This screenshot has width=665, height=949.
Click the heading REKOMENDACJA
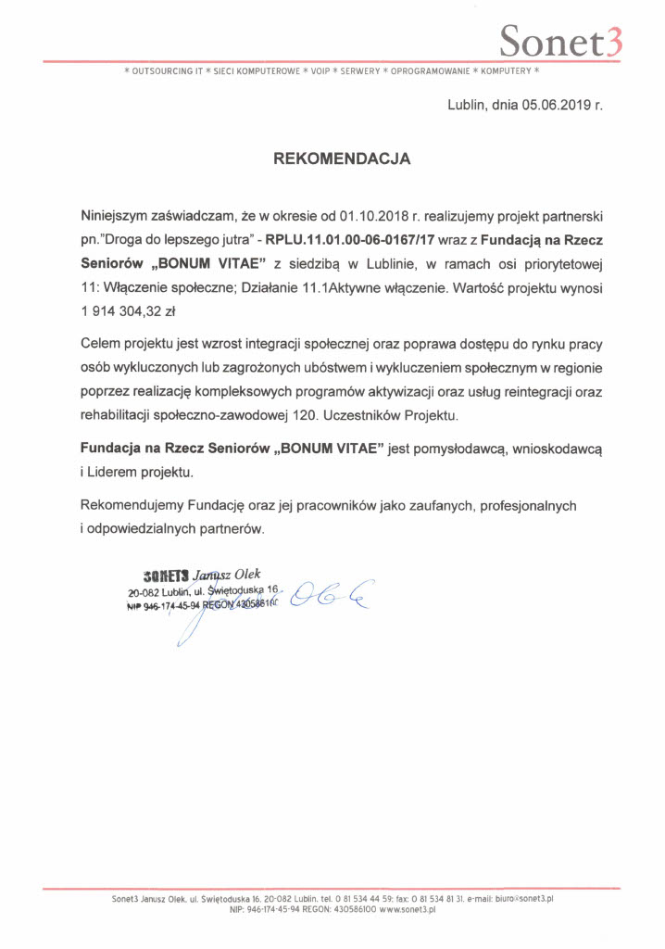[342, 159]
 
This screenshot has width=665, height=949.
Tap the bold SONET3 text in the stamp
[167, 572]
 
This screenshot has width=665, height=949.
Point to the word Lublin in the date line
[467, 106]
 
